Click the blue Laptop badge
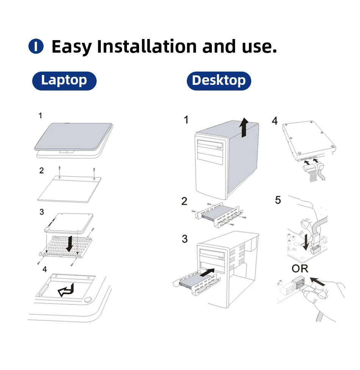click(x=64, y=81)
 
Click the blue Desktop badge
click(x=219, y=81)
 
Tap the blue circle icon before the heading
click(x=36, y=47)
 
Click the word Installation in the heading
click(x=147, y=47)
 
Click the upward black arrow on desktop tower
click(x=244, y=127)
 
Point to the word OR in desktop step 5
click(x=300, y=269)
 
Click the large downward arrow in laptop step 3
click(x=69, y=243)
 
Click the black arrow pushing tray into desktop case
click(x=207, y=273)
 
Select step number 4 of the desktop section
click(x=275, y=121)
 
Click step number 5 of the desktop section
click(x=278, y=200)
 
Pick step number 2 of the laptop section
click(x=42, y=170)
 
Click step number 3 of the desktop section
click(x=185, y=239)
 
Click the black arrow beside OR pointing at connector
click(x=318, y=281)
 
